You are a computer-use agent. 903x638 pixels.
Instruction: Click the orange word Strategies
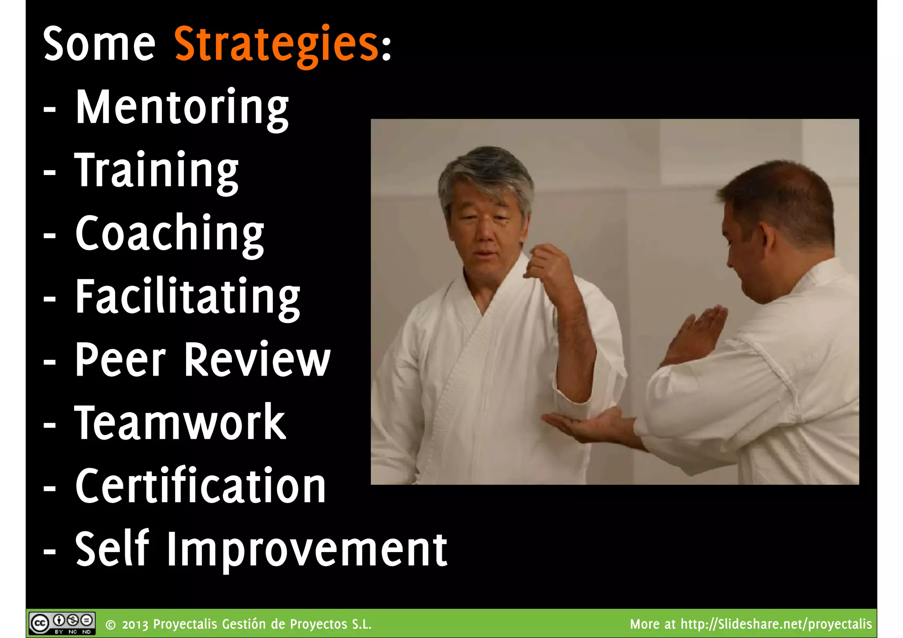pyautogui.click(x=276, y=44)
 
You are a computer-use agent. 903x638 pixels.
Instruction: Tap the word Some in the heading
pyautogui.click(x=99, y=44)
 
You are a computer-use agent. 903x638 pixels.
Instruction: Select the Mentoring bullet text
pyautogui.click(x=182, y=108)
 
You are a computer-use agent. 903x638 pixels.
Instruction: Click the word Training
pyautogui.click(x=156, y=171)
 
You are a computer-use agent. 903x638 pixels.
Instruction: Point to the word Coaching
pyautogui.click(x=169, y=234)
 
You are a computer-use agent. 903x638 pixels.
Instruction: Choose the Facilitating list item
pyautogui.click(x=187, y=297)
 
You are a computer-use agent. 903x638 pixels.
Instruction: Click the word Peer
pyautogui.click(x=120, y=360)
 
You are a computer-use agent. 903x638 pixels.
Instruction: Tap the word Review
pyautogui.click(x=257, y=360)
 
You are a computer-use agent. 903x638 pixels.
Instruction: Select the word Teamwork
pyautogui.click(x=180, y=423)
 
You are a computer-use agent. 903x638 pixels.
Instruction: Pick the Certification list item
pyautogui.click(x=200, y=486)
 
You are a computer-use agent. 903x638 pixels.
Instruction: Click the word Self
pyautogui.click(x=112, y=549)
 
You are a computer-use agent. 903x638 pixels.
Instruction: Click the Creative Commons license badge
pyautogui.click(x=62, y=623)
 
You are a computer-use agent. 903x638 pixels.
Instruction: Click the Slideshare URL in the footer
pyautogui.click(x=776, y=624)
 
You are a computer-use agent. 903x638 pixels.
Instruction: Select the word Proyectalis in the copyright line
pyautogui.click(x=185, y=624)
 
